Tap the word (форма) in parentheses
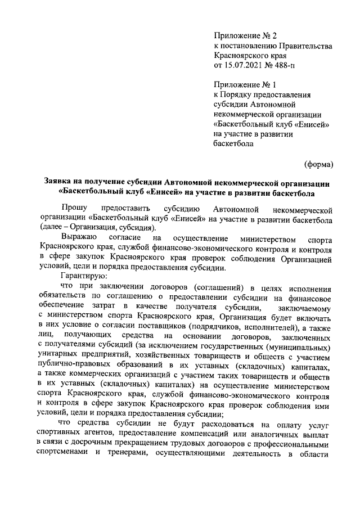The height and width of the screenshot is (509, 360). click(319, 164)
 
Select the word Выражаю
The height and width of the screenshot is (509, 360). click(78, 238)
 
